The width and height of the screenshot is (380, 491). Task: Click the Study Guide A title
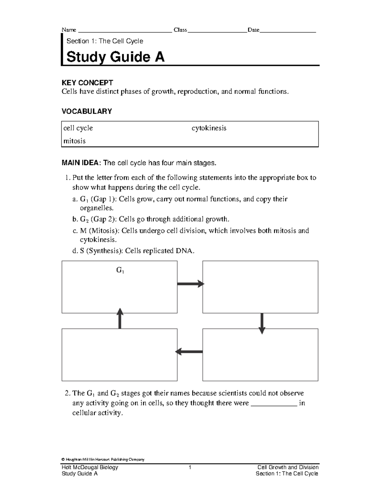coord(115,57)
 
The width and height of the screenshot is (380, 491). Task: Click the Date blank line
coord(288,32)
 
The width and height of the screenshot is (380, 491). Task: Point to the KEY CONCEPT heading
coord(87,83)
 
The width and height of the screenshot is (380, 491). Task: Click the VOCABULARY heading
coord(86,111)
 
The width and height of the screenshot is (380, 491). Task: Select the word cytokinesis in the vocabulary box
coord(209,128)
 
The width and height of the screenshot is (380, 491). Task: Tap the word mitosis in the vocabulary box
coord(74,141)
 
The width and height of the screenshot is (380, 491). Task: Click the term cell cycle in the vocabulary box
coord(78,128)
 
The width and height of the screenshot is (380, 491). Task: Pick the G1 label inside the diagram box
coord(120,271)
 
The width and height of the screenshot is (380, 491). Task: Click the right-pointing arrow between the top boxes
coord(190,284)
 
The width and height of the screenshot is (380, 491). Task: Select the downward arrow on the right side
coord(262,323)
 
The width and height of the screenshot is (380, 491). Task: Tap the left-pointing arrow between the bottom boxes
coord(189,352)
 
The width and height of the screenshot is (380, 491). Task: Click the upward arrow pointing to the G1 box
coord(120,319)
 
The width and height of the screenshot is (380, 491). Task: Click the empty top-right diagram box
coord(260,287)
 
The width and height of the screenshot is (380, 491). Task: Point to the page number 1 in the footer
coord(190,467)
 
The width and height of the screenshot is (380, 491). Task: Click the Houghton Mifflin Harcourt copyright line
coord(103,459)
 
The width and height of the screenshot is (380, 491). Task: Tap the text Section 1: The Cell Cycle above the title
coord(104,41)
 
